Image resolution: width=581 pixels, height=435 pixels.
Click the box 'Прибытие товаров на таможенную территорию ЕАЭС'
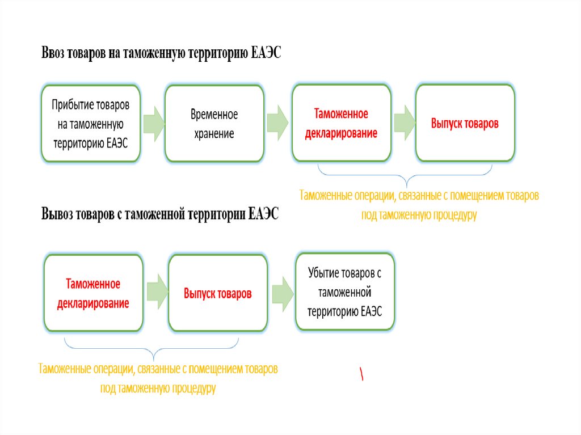tap(91, 124)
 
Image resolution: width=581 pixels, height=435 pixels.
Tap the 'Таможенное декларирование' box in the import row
tap(341, 123)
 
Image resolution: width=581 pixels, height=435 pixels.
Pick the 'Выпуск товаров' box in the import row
tap(465, 123)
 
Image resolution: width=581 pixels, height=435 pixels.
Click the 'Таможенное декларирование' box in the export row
tap(94, 293)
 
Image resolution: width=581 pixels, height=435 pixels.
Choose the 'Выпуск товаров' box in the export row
tap(217, 294)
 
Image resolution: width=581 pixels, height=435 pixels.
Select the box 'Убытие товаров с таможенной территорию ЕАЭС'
tap(344, 292)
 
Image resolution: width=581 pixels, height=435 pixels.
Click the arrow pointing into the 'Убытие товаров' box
tap(282, 293)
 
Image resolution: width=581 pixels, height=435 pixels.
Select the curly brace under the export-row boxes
tap(152, 347)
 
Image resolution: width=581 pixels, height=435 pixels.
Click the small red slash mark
tap(361, 373)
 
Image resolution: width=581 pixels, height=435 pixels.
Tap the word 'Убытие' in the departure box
tap(323, 273)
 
